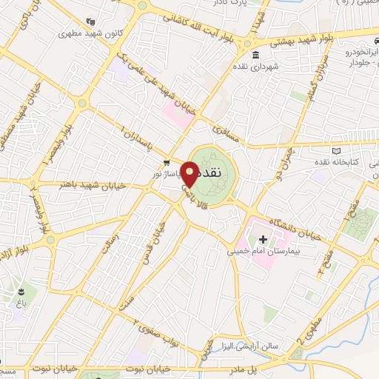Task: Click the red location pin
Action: click(x=190, y=175)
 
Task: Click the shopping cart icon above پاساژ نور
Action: click(x=167, y=163)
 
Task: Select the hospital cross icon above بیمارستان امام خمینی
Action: click(x=263, y=239)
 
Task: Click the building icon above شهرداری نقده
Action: click(x=255, y=56)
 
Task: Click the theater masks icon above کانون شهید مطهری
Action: click(x=90, y=21)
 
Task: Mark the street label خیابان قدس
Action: click(x=164, y=237)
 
